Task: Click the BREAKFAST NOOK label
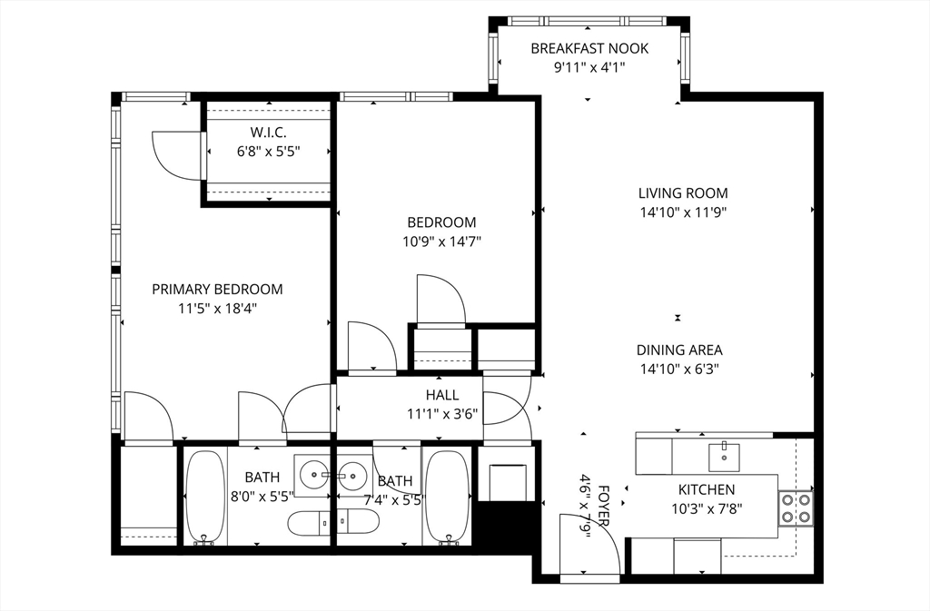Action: coord(589,48)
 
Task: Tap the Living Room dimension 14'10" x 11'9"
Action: coord(682,213)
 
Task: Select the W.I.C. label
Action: coord(268,133)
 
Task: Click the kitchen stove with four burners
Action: coord(795,508)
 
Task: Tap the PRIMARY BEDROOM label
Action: coord(217,289)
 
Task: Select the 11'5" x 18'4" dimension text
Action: coord(217,309)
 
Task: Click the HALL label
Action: coord(442,395)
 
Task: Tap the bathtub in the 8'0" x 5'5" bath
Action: coord(205,497)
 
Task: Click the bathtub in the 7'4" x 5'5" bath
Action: coord(446,497)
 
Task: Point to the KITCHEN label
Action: coord(707,489)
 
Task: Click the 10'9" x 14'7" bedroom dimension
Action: coord(441,241)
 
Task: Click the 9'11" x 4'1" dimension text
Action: coord(589,68)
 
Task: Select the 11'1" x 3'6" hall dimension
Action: coord(442,415)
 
